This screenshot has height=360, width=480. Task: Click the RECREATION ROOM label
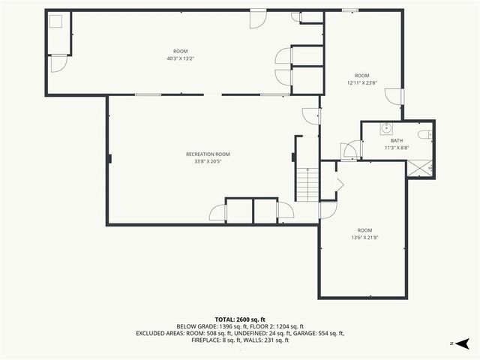click(208, 154)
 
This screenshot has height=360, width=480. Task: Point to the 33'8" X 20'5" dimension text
click(208, 160)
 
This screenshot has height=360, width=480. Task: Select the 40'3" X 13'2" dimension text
click(180, 58)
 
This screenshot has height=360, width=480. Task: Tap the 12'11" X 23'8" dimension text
click(362, 82)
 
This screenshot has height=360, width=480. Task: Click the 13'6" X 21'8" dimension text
click(364, 237)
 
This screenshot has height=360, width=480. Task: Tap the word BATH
click(397, 140)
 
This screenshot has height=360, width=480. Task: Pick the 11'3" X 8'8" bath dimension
click(397, 148)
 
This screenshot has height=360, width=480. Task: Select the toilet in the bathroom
click(425, 134)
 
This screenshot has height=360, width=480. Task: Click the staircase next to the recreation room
click(307, 184)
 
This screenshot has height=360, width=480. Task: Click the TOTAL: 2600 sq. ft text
click(240, 319)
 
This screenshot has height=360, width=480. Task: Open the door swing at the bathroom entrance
click(349, 150)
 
